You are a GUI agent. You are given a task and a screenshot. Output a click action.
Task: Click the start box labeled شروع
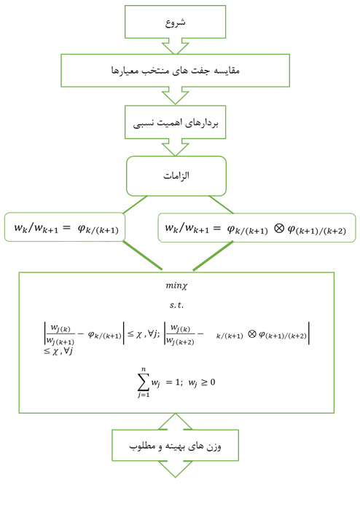175,22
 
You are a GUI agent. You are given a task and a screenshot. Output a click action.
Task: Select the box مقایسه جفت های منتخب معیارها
175,71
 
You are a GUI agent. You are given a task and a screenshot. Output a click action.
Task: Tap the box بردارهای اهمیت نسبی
175,122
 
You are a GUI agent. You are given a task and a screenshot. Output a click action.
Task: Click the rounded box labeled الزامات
176,176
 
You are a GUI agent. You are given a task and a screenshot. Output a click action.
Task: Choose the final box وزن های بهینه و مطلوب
175,445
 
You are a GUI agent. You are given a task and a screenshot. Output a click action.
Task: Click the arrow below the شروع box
175,47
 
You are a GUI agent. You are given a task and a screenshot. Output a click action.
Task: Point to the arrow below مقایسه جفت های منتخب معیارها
175,96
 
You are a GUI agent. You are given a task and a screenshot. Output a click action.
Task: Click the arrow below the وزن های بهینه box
175,470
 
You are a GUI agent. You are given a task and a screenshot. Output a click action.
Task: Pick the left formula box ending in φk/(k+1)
65,228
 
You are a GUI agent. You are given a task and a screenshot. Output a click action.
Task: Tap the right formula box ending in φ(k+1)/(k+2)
257,228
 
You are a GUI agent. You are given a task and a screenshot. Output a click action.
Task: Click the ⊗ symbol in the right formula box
278,229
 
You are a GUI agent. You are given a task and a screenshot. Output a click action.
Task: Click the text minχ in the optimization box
176,285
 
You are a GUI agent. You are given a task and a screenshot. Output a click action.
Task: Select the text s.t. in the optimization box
176,305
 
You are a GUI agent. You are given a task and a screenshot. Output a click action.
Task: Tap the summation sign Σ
142,381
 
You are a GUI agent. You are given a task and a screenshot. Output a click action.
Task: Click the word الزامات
176,176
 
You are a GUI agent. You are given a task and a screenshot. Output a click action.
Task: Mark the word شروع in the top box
175,22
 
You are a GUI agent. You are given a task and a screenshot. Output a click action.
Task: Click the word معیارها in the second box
125,71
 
